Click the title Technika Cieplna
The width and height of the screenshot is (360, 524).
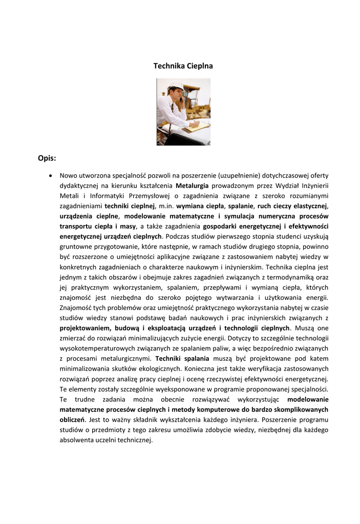pos(183,66)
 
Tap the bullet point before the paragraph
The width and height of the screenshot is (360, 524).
pos(50,175)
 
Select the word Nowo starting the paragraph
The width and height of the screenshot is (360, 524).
pos(69,175)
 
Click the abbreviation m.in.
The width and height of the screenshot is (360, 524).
pos(165,206)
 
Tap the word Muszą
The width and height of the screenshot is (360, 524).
pos(306,328)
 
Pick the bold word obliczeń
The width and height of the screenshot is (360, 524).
pos(72,420)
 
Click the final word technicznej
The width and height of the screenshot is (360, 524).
pos(135,440)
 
